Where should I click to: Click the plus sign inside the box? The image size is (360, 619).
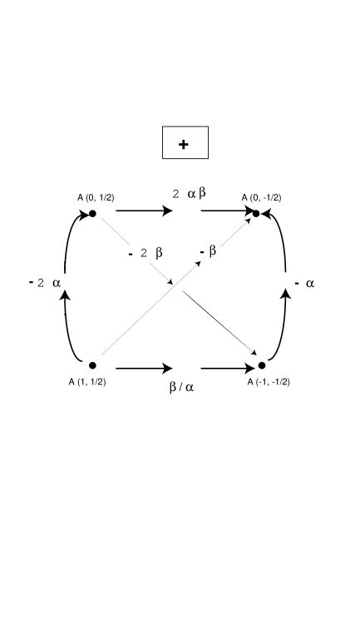pyautogui.click(x=184, y=144)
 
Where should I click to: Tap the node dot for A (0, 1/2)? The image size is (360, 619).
pyautogui.click(x=93, y=213)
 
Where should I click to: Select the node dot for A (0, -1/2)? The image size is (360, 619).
pyautogui.click(x=256, y=214)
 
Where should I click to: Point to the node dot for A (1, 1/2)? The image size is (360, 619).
pyautogui.click(x=92, y=365)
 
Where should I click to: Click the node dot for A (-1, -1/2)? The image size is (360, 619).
pyautogui.click(x=261, y=365)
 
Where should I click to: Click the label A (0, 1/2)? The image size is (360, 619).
pyautogui.click(x=96, y=197)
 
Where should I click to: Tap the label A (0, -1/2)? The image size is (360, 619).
pyautogui.click(x=261, y=197)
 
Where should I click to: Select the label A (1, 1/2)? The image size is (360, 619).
pyautogui.click(x=87, y=382)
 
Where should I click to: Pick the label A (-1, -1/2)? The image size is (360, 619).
pyautogui.click(x=269, y=382)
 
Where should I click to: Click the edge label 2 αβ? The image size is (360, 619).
pyautogui.click(x=190, y=194)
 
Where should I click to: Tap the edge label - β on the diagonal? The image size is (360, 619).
pyautogui.click(x=209, y=250)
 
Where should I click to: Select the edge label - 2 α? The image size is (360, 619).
pyautogui.click(x=45, y=283)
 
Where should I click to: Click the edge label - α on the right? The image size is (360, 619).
pyautogui.click(x=304, y=284)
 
